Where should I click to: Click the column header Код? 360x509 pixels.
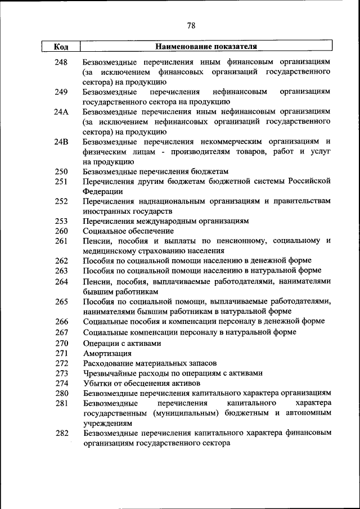coord(61,46)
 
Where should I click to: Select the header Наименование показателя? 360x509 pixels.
coord(206,46)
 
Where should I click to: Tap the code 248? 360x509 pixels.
coord(61,61)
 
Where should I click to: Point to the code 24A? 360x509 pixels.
coord(61,112)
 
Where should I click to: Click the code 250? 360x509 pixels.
coord(61,172)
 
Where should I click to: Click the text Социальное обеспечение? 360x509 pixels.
coord(128,231)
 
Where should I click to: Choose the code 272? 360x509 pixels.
coord(61,364)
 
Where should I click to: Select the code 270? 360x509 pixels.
coord(61,343)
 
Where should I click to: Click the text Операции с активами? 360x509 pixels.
coord(122,343)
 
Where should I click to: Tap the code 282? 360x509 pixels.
coord(61,433)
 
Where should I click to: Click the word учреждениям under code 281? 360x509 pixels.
coord(107,423)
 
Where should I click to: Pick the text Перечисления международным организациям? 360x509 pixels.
coord(165,221)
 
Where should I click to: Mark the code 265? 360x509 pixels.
coord(61,301)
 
